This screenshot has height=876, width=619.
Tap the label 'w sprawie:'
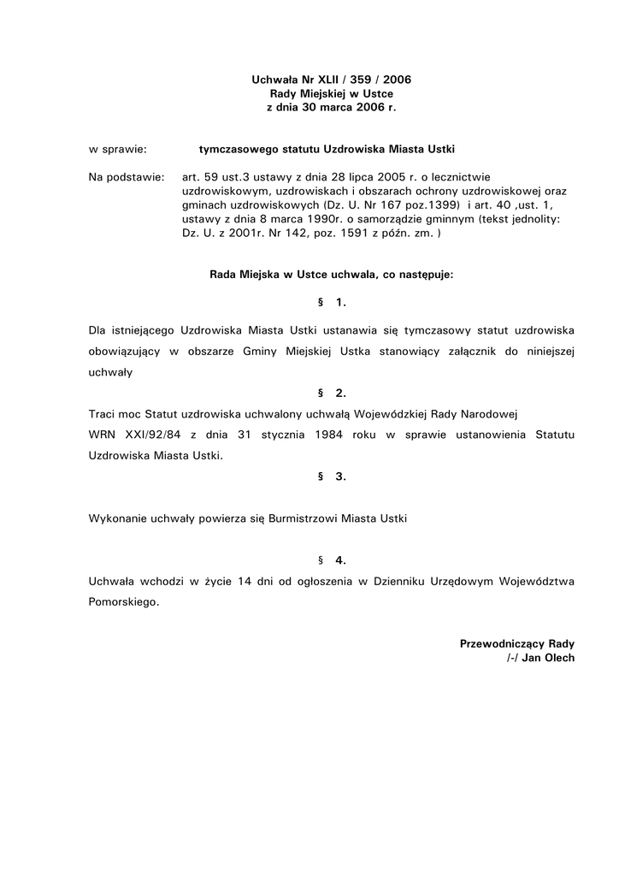click(118, 149)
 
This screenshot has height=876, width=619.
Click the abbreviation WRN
click(103, 435)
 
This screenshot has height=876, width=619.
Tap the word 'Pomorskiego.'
click(124, 602)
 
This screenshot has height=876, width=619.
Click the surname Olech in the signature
click(559, 658)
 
